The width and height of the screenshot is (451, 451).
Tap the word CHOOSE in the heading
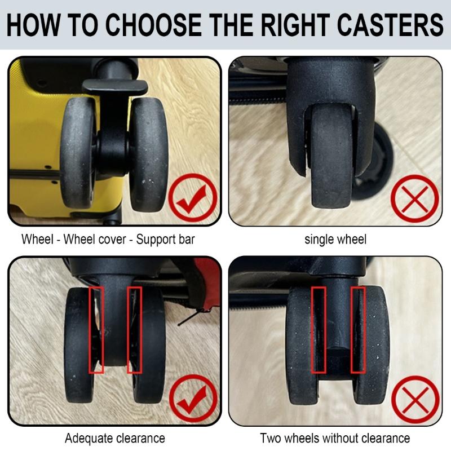click(x=148, y=25)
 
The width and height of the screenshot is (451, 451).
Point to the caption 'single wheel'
click(x=335, y=239)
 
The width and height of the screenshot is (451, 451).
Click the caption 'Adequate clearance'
click(x=115, y=438)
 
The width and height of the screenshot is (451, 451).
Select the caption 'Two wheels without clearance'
click(x=335, y=438)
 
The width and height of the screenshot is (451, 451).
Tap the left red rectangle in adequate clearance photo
click(x=96, y=330)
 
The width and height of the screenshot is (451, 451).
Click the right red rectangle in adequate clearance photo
click(x=134, y=330)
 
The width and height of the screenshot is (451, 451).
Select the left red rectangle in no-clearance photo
click(x=319, y=330)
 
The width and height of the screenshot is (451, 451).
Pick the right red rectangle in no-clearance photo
click(x=359, y=330)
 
